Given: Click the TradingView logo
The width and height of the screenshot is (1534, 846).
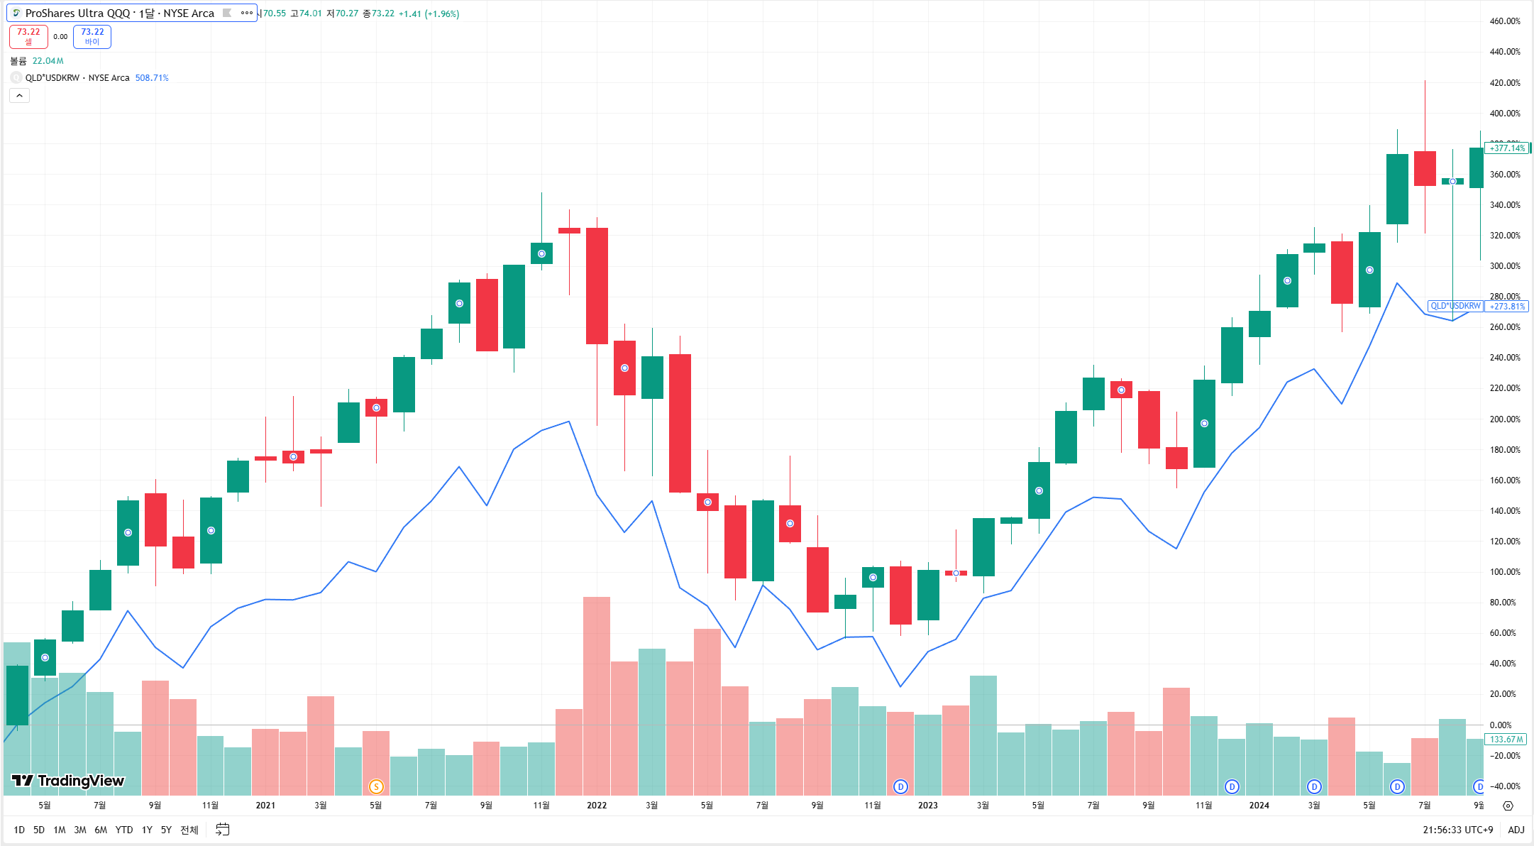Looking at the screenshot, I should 68,781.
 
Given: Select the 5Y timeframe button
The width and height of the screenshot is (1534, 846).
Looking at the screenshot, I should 166,830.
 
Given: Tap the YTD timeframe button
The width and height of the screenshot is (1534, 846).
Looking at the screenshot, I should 124,830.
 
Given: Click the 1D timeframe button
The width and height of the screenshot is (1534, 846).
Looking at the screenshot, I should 19,830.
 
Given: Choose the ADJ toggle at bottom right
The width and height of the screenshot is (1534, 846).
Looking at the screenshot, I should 1516,830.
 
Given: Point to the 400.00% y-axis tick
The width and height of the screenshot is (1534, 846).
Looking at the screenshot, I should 1504,114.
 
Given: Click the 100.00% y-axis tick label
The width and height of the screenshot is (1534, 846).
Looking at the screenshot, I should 1504,572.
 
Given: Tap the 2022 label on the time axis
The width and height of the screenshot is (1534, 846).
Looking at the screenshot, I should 597,805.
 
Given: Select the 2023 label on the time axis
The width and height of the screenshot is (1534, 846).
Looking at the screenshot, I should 927,805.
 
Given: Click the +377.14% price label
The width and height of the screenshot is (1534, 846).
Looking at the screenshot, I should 1507,148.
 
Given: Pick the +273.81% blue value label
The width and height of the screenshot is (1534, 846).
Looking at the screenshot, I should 1507,307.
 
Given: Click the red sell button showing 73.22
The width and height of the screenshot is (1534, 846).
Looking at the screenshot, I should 28,36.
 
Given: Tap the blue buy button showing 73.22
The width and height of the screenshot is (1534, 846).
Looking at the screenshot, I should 92,36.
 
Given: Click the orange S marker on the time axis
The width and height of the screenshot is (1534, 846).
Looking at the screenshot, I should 376,786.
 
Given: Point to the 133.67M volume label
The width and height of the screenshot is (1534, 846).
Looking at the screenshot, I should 1506,740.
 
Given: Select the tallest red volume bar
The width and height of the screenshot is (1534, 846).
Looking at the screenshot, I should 597,696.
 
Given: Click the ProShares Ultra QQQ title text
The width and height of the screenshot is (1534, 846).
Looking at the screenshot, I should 119,13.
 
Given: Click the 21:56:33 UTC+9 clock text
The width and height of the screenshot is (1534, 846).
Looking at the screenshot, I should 1457,830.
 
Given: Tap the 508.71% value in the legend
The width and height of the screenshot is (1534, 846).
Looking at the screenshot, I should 152,78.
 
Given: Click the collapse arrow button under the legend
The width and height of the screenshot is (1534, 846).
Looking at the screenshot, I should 19,96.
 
